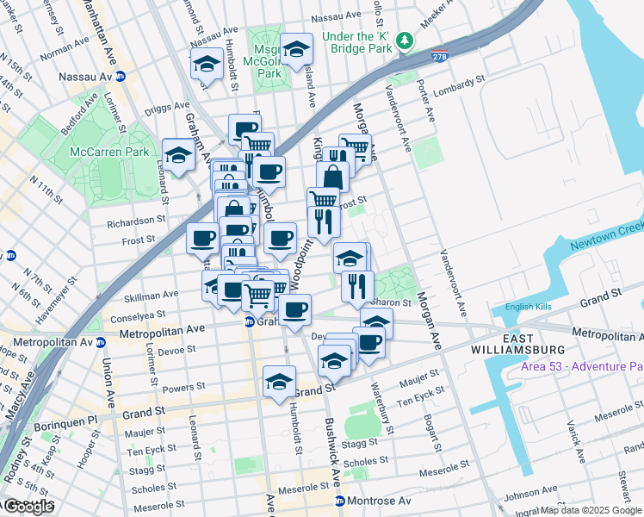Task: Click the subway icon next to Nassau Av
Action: [x=121, y=77]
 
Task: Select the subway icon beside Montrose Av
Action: [x=340, y=501]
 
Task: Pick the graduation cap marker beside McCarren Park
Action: [x=178, y=155]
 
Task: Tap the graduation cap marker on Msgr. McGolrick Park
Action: [x=296, y=51]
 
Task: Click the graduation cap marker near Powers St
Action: [x=279, y=382]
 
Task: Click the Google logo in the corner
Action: [x=28, y=508]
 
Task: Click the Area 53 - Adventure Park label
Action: [x=582, y=367]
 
